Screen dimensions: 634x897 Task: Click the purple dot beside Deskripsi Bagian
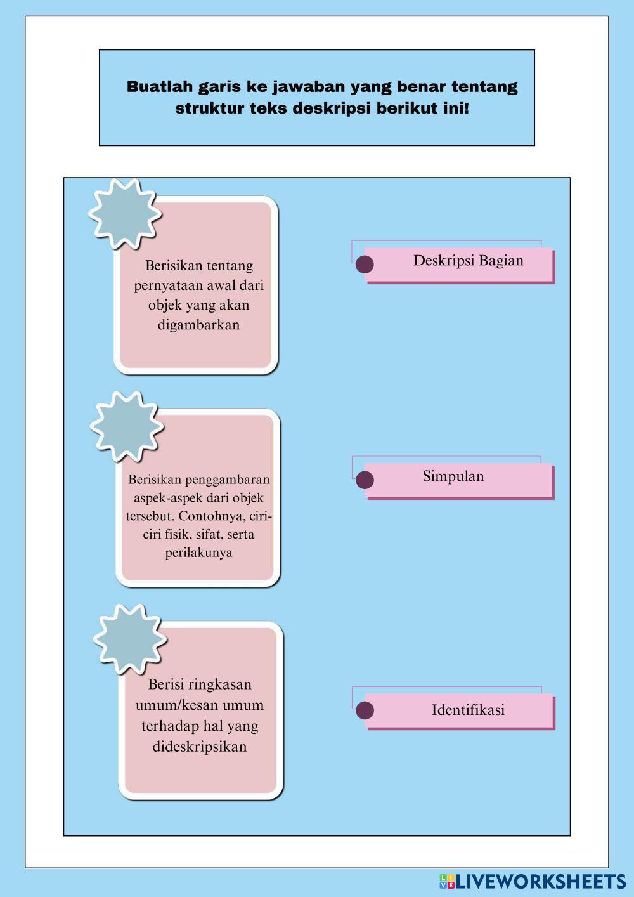[365, 264]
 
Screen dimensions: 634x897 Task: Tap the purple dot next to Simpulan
[365, 480]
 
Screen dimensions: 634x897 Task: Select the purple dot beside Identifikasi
[365, 710]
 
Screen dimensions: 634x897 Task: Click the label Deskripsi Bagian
[468, 261]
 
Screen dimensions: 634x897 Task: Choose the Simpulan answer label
[453, 476]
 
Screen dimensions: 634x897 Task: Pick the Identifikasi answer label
[468, 710]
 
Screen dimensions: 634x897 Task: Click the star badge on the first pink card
[125, 214]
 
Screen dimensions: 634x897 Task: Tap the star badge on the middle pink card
[127, 426]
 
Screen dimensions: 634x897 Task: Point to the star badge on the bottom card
[130, 639]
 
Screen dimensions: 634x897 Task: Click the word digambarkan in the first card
[198, 325]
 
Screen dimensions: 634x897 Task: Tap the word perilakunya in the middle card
[198, 553]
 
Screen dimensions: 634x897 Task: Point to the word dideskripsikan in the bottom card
[199, 747]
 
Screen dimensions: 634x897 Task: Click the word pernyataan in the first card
[168, 285]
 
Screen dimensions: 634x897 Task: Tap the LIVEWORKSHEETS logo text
[541, 881]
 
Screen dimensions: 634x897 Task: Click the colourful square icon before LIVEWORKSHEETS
[447, 881]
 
